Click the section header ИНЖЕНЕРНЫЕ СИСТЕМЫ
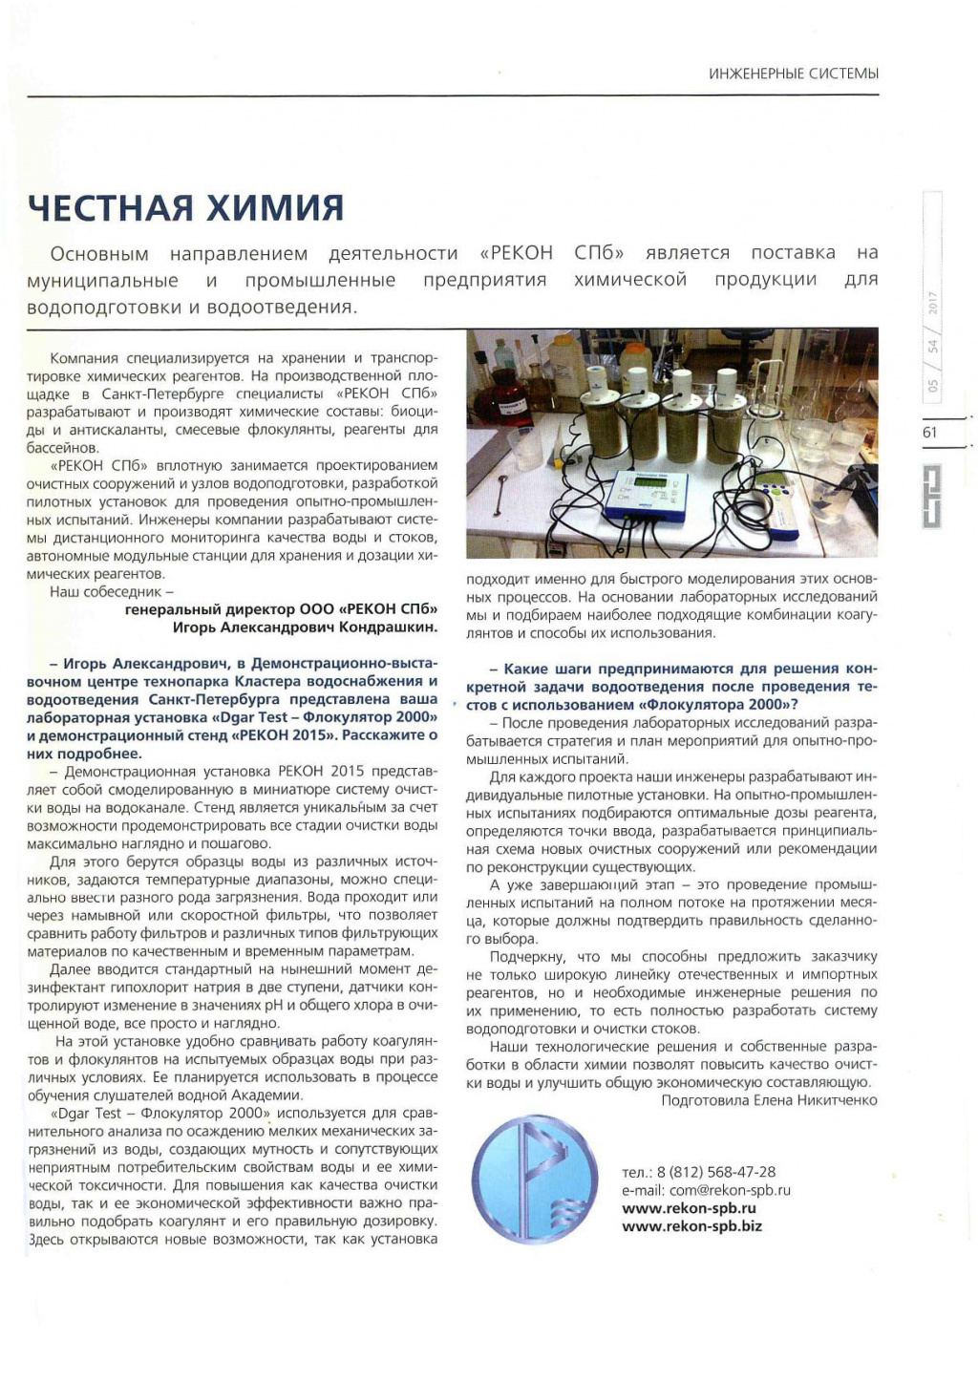(793, 74)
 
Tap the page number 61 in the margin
(930, 433)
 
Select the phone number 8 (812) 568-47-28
(715, 1172)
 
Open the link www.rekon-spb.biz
(691, 1226)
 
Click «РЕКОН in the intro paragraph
(516, 253)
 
